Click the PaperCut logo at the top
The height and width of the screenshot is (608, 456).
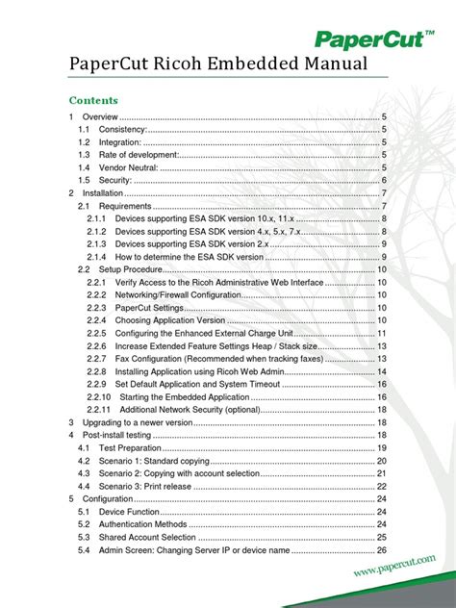[x=374, y=38]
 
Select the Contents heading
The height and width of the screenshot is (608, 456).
[x=93, y=100]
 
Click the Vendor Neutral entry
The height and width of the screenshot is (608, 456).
[x=126, y=167]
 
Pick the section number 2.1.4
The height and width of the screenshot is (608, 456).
[x=96, y=257]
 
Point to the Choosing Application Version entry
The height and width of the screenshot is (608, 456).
[x=169, y=319]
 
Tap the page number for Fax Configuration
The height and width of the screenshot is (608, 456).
[x=381, y=358]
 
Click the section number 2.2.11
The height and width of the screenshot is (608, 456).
[x=99, y=409]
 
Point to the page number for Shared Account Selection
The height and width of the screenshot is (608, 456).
[x=381, y=537]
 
